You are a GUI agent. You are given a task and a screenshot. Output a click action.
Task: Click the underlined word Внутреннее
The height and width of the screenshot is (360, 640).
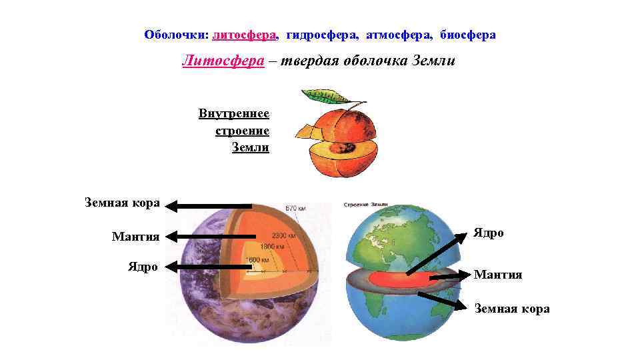(x=233, y=113)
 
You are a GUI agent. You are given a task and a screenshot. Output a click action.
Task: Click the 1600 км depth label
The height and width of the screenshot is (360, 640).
(x=257, y=259)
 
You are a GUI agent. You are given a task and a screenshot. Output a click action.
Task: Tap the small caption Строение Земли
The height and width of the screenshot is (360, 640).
(x=366, y=205)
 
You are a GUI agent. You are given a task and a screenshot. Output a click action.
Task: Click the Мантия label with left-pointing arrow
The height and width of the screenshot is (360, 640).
(x=135, y=236)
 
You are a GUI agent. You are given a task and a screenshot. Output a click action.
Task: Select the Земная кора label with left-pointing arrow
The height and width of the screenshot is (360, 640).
(x=122, y=203)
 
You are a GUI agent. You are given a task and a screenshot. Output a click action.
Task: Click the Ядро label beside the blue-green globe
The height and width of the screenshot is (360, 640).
(x=489, y=233)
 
